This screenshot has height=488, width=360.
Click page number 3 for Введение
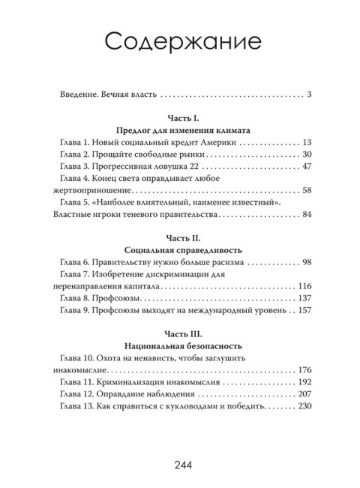(309, 95)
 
